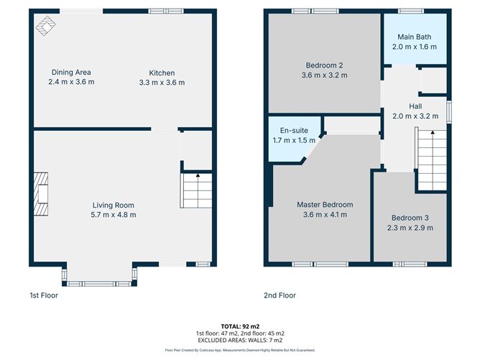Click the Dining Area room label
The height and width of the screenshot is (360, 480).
[71, 73]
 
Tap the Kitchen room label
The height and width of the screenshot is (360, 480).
[162, 73]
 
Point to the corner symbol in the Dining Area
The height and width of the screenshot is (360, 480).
[45, 26]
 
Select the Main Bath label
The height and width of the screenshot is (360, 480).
[414, 37]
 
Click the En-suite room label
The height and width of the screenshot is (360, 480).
[294, 131]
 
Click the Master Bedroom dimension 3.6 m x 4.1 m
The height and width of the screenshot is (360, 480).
[323, 214]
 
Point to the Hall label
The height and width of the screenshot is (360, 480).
[415, 106]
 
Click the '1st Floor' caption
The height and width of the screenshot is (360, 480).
[44, 295]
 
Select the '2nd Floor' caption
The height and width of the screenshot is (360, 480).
[280, 295]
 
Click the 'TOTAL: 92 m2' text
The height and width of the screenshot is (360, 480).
[239, 326]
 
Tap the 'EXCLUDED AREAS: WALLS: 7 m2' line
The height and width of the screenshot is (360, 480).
[239, 341]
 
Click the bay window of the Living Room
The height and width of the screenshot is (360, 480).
[99, 277]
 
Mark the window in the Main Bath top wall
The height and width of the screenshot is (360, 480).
[411, 10]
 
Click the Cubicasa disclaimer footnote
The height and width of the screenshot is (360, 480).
[239, 351]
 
